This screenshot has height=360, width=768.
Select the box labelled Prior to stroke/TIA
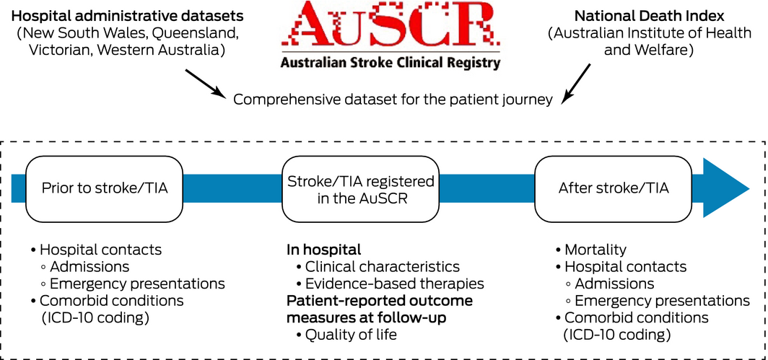[x=105, y=188]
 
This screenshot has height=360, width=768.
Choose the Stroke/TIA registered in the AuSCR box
[x=360, y=188]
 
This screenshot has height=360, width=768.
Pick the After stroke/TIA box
[x=614, y=188]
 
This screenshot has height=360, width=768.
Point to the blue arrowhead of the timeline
[x=725, y=188]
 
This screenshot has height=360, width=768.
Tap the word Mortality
[x=595, y=250]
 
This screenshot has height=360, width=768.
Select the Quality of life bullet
[x=351, y=334]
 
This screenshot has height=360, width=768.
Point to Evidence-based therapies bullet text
[x=394, y=284]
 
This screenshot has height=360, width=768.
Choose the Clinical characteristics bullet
[x=382, y=267]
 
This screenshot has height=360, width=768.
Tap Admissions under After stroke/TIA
[x=614, y=284]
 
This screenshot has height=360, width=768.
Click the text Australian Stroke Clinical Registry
[x=390, y=63]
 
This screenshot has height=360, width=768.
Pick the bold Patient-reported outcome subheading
[x=380, y=300]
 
